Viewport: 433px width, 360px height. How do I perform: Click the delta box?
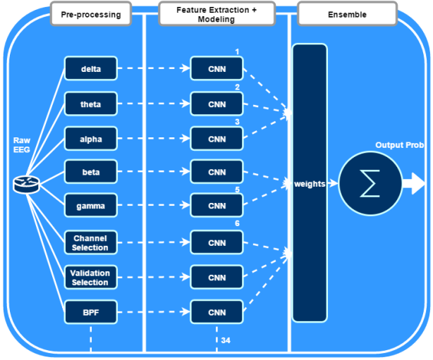pos(90,68)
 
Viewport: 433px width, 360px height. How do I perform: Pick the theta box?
pos(90,104)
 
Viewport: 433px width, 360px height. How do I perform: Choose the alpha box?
pos(90,139)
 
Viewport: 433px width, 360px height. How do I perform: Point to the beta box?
pos(90,173)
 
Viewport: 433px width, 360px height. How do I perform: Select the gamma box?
pos(90,207)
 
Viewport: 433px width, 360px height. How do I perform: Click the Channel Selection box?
pos(90,242)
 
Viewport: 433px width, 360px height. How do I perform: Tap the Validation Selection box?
pos(90,277)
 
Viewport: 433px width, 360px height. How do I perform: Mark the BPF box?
pos(90,311)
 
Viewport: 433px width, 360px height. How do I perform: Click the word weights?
pos(310,184)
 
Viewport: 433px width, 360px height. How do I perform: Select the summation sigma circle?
pos(369,184)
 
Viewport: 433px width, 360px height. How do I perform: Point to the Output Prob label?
pos(399,145)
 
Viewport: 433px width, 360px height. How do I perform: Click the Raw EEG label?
pos(22,145)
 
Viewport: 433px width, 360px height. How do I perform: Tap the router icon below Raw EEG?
pos(27,185)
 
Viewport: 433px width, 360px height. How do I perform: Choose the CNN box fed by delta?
pos(216,68)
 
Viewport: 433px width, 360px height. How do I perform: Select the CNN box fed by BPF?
pos(216,311)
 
